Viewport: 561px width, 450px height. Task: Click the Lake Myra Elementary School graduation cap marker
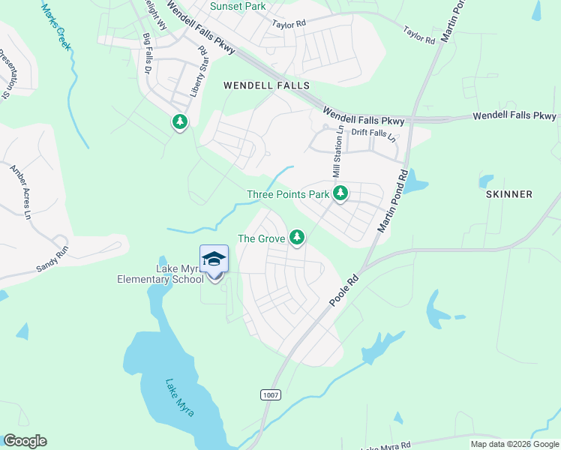pos(214,259)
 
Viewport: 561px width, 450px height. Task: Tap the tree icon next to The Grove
pos(298,238)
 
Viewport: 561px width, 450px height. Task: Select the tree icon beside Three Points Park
pos(340,193)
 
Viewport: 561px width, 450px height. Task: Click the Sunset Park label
pos(238,6)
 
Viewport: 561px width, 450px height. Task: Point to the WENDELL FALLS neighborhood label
pos(266,85)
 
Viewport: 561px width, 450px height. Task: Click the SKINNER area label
pos(508,194)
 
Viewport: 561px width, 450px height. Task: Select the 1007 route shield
pos(271,394)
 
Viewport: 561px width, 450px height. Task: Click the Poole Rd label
pos(346,288)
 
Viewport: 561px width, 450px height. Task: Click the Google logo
pos(25,441)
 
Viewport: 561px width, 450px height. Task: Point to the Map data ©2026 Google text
pos(514,444)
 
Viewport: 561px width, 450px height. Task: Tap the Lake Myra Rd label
pos(385,447)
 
